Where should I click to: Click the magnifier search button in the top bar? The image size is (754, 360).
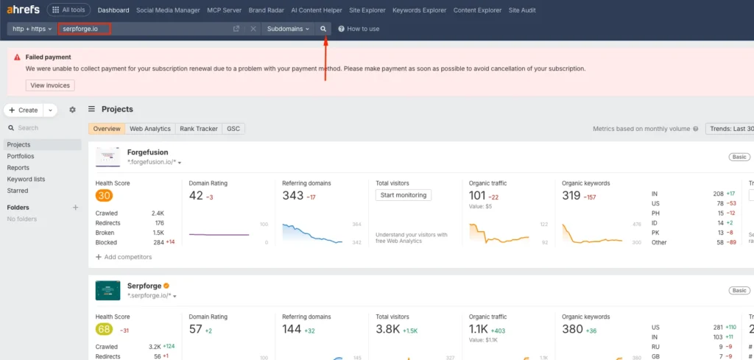(x=323, y=29)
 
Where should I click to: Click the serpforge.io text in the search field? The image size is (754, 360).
(x=80, y=29)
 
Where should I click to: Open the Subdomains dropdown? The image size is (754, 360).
(x=288, y=29)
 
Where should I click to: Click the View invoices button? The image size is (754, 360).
(x=50, y=85)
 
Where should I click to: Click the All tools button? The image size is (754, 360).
(x=68, y=10)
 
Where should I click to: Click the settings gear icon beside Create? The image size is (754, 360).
(x=72, y=110)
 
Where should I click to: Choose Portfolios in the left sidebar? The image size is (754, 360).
(x=21, y=156)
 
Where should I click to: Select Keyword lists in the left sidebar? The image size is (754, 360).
(x=26, y=179)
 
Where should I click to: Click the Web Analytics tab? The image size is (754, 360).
(x=150, y=129)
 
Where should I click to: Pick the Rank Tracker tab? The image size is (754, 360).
(x=199, y=129)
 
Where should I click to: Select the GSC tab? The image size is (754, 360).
(x=233, y=129)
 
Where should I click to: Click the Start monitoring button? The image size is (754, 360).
(x=404, y=195)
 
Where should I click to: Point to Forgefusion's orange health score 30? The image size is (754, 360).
(x=104, y=196)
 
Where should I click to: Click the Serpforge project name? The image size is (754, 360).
(x=144, y=285)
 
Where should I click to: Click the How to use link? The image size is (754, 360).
(x=359, y=29)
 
